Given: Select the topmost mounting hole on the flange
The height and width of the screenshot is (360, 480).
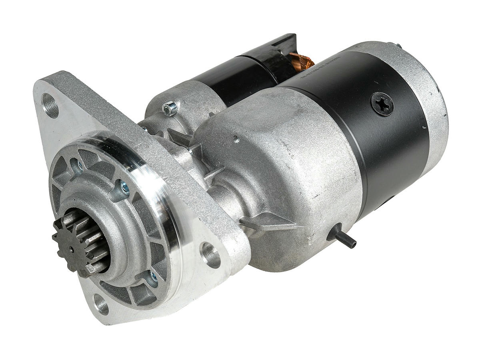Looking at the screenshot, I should (50, 105).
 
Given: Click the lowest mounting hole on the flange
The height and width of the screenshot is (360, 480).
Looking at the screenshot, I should (102, 306).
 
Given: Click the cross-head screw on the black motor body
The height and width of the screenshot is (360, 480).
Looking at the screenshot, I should (382, 104).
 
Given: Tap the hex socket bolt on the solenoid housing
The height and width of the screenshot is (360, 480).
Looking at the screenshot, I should (170, 108).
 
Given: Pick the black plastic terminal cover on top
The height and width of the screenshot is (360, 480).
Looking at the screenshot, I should (280, 48).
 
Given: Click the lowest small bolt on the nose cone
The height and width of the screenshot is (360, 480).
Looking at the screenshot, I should (152, 276).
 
